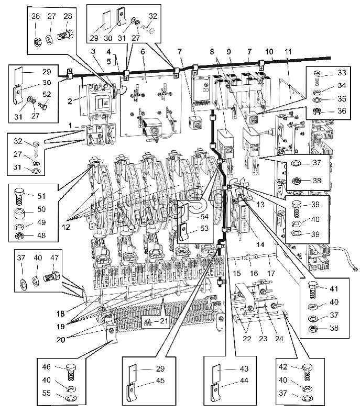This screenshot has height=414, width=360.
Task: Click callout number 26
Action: [36, 16]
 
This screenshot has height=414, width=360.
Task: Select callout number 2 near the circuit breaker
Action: [70, 101]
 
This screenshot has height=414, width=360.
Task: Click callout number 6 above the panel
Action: [143, 51]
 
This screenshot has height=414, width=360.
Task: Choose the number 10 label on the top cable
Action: [269, 51]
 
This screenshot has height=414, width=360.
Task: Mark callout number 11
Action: [288, 51]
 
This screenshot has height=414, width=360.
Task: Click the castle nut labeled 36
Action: [317, 111]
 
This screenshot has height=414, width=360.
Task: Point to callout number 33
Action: [342, 72]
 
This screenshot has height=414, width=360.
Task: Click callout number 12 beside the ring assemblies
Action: [66, 227]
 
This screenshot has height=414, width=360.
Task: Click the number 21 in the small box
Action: [164, 321]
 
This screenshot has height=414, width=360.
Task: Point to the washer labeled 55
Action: [70, 398]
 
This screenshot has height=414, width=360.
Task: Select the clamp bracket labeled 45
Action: [132, 393]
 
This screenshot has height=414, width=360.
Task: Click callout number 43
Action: [244, 368]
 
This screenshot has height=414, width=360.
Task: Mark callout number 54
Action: [204, 217]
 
